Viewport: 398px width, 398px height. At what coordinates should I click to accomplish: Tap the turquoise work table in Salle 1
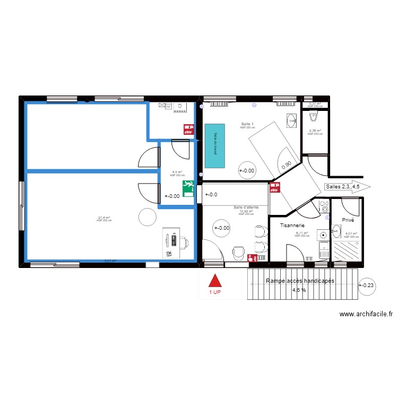(x=215, y=146)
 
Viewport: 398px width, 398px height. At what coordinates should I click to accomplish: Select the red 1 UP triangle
(x=214, y=281)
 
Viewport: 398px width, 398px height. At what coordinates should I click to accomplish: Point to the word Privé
(x=348, y=220)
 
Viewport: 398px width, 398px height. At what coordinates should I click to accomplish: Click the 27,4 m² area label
(x=104, y=217)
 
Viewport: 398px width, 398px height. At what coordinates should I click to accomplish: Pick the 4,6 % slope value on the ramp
(x=299, y=290)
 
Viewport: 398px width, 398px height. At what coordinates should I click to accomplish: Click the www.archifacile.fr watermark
(x=366, y=314)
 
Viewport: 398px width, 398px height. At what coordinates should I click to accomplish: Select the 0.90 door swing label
(x=287, y=166)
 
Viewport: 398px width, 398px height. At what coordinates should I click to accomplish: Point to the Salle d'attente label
(x=246, y=207)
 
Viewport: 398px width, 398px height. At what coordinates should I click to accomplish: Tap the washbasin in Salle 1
(x=291, y=121)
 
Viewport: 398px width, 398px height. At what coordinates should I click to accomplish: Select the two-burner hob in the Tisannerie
(x=323, y=206)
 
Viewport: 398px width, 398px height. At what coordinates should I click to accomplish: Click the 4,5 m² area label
(x=177, y=172)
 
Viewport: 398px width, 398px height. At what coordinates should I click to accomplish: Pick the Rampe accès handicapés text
(x=300, y=281)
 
